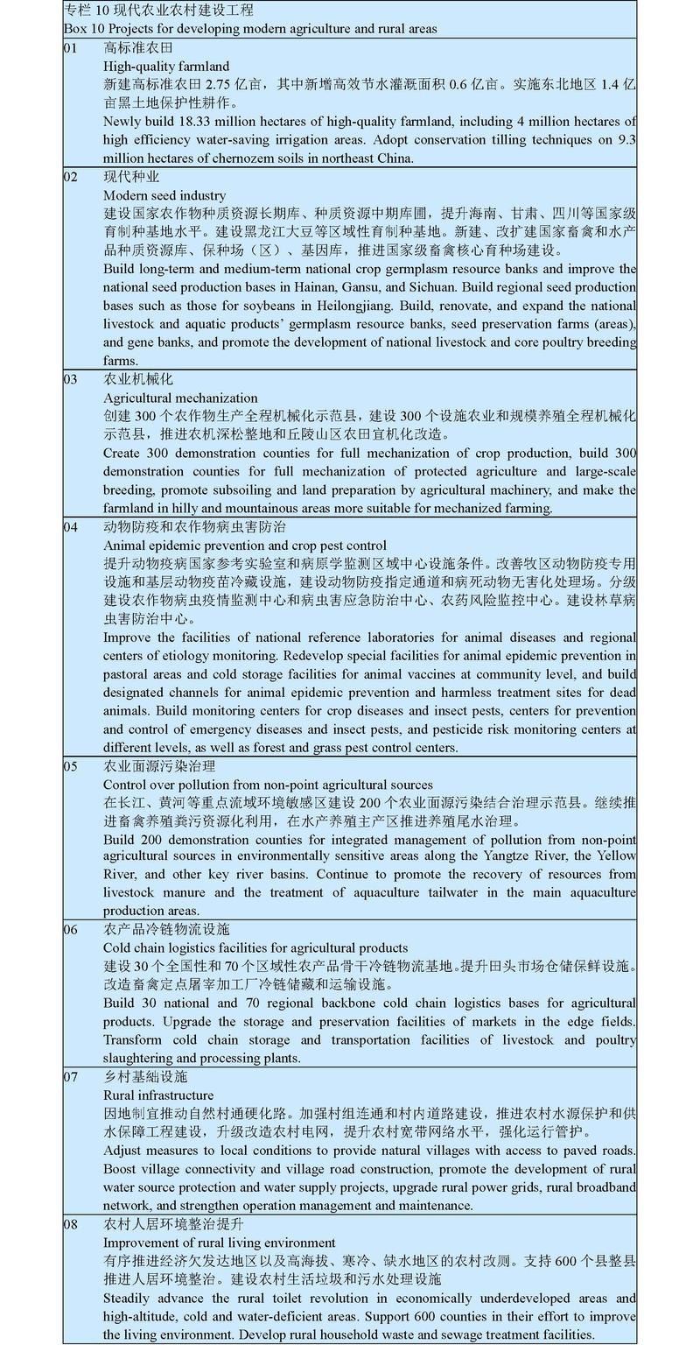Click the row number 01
(x=71, y=47)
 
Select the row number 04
(x=71, y=527)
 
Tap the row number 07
(x=71, y=1076)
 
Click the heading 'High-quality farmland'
(x=166, y=66)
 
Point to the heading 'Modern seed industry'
(x=164, y=195)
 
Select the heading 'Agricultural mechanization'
(x=180, y=398)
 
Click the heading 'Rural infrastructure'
(x=158, y=1095)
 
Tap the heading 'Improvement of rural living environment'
(x=220, y=1242)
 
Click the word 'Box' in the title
(x=75, y=29)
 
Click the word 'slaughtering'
(x=142, y=1058)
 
